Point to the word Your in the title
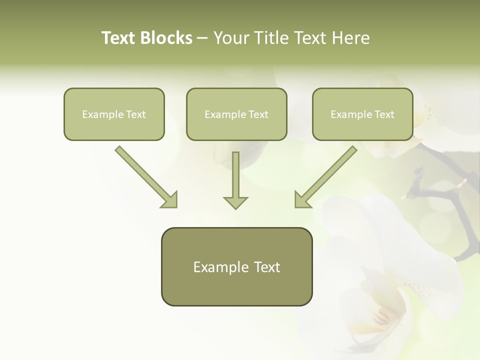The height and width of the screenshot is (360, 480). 230,38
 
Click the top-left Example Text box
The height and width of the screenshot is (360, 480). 114,114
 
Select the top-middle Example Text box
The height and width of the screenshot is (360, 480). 236,114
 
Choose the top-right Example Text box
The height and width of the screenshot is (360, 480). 362,114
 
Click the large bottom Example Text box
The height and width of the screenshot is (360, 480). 236,266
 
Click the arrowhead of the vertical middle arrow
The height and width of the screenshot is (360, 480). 235,202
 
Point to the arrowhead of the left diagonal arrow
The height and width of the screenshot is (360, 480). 170,200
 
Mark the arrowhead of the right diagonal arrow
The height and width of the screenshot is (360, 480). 302,200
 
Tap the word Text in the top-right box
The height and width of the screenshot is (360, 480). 384,114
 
